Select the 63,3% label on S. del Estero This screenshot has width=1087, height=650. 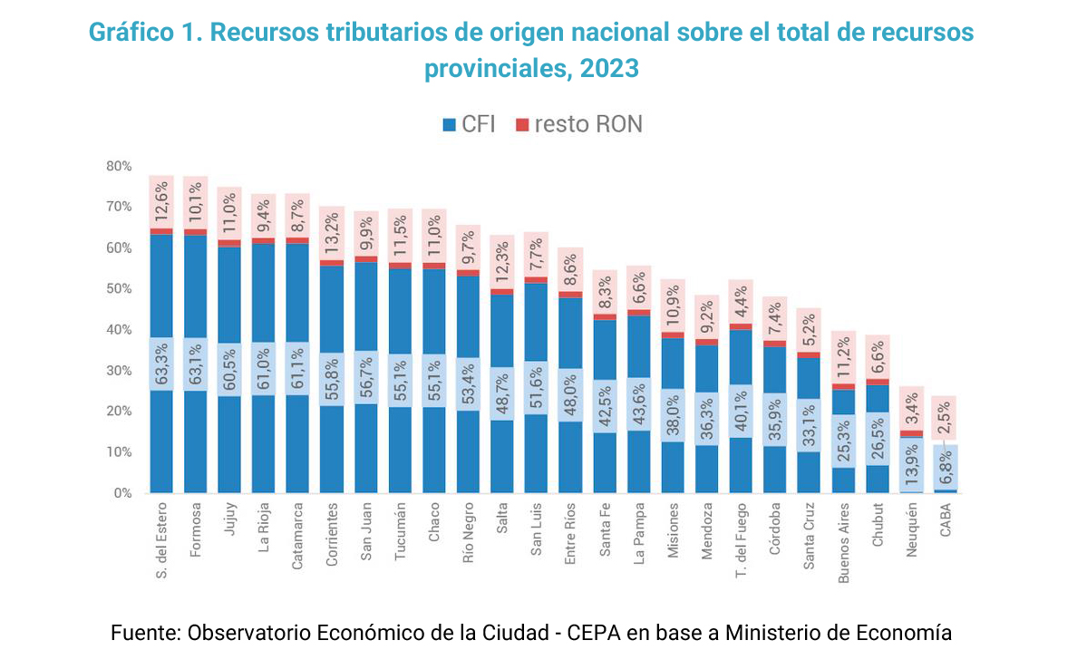[161, 364]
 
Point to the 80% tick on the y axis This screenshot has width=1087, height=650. [119, 167]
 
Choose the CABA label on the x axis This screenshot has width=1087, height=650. [946, 521]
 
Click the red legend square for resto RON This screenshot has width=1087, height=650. [522, 124]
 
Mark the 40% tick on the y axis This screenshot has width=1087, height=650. [119, 330]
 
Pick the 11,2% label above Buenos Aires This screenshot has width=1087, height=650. [844, 356]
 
